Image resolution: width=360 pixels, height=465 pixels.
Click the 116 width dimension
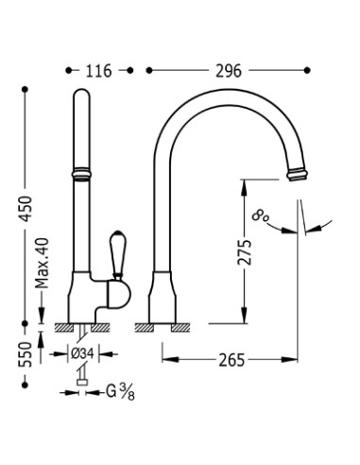(99, 71)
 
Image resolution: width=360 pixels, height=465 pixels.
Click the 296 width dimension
(229, 71)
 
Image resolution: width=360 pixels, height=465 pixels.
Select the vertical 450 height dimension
(26, 209)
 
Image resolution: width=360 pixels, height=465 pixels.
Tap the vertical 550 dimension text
(26, 354)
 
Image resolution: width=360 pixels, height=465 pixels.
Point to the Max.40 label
(43, 263)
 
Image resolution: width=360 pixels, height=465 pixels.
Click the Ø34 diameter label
(82, 354)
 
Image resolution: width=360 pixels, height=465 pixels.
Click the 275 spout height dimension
(245, 252)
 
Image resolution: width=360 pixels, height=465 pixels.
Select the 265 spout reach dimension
(231, 360)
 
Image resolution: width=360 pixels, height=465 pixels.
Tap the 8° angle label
(260, 216)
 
